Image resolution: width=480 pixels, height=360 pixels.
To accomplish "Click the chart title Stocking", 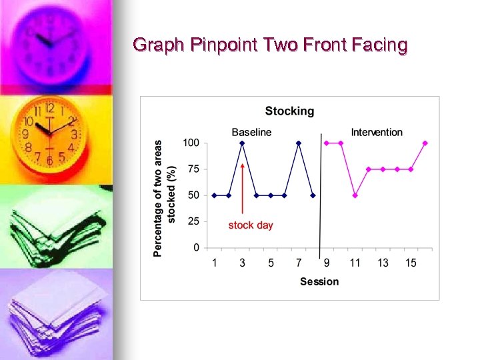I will coord(289,111).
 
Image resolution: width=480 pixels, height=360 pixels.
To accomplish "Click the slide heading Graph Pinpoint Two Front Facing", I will coord(270,45).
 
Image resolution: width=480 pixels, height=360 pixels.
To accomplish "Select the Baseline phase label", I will coord(251,132).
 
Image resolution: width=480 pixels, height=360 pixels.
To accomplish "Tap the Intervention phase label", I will coord(377,132).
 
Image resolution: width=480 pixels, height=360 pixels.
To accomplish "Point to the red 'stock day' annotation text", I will coord(251,225).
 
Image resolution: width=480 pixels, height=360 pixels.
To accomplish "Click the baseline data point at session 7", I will coord(299,143).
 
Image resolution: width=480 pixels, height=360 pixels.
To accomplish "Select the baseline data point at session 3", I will coord(243,143).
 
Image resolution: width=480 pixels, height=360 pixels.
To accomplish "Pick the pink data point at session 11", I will coord(355,195).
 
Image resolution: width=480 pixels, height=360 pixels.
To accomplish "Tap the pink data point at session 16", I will coord(425,143).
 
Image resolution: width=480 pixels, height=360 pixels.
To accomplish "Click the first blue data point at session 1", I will coord(215,195).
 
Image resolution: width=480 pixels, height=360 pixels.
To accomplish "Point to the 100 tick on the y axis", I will coord(191,143).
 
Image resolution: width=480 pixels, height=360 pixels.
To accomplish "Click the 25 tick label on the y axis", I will coord(193,221).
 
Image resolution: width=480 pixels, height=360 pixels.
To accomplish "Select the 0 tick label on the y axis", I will coord(196,248).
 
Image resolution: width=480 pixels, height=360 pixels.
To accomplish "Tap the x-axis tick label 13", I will coord(383,263).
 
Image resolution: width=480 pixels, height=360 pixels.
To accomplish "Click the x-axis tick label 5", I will coord(271,263).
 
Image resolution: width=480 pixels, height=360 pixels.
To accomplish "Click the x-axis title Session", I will coord(319,282).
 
